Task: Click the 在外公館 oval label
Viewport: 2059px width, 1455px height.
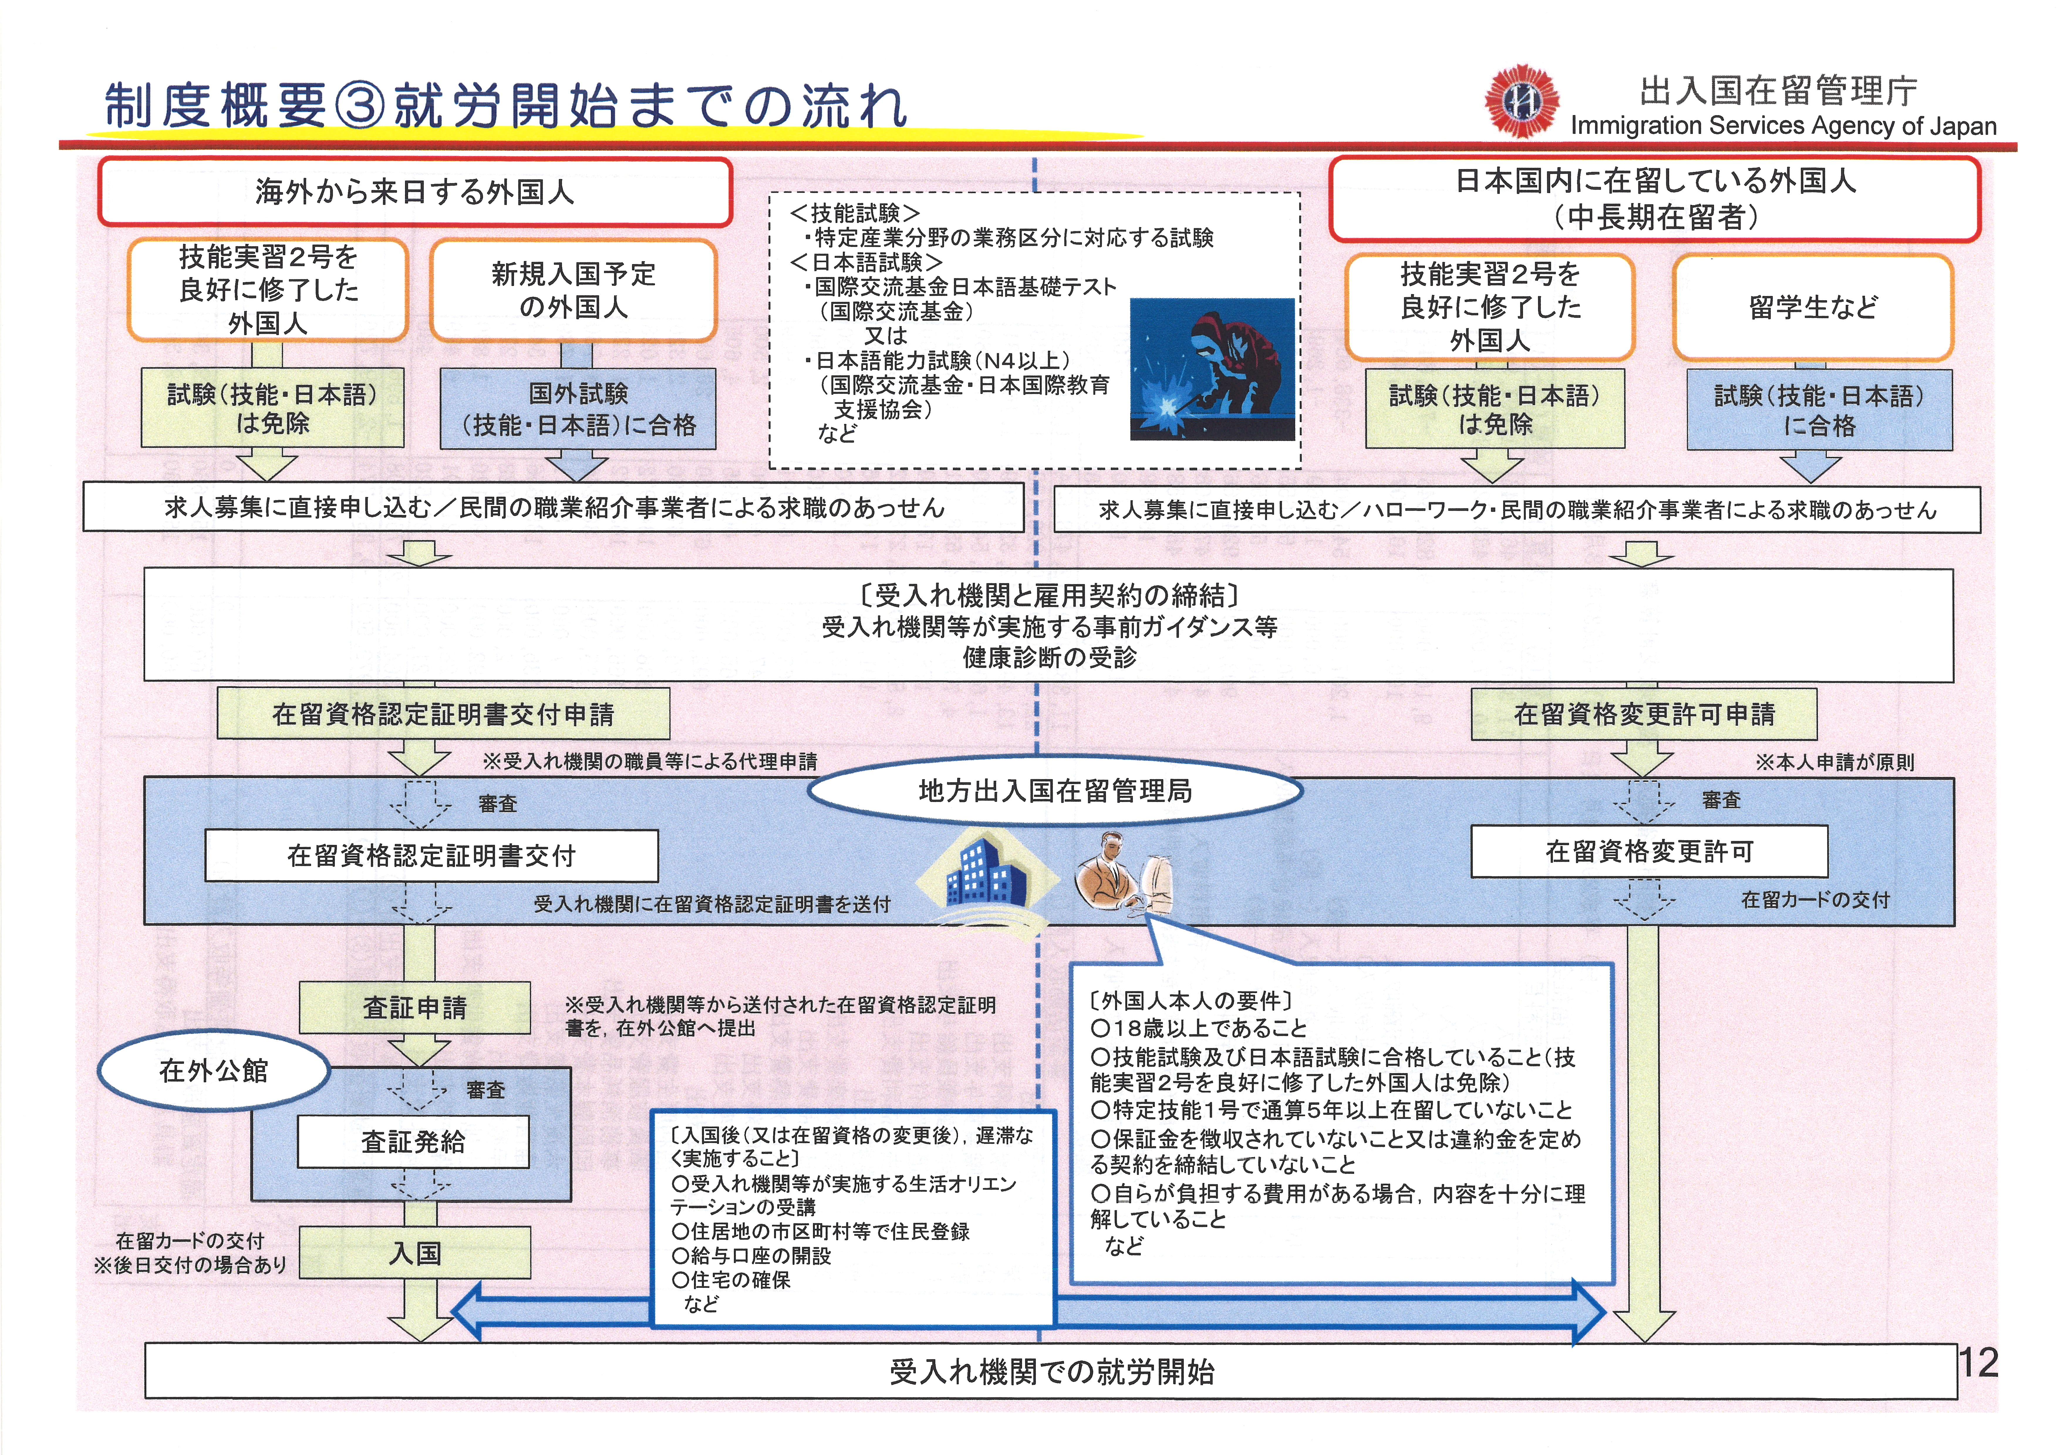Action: pyautogui.click(x=213, y=1070)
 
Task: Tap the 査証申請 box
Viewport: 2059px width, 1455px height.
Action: pyautogui.click(x=414, y=1008)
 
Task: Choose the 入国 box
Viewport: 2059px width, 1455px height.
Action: pyautogui.click(x=414, y=1252)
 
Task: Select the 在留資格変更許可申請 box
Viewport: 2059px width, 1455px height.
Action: pyautogui.click(x=1644, y=714)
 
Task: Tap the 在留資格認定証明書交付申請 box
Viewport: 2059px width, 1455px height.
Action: pyautogui.click(x=443, y=714)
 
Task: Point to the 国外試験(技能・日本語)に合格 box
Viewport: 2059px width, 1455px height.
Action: pyautogui.click(x=578, y=409)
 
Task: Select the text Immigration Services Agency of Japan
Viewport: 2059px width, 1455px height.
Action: pyautogui.click(x=1783, y=126)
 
